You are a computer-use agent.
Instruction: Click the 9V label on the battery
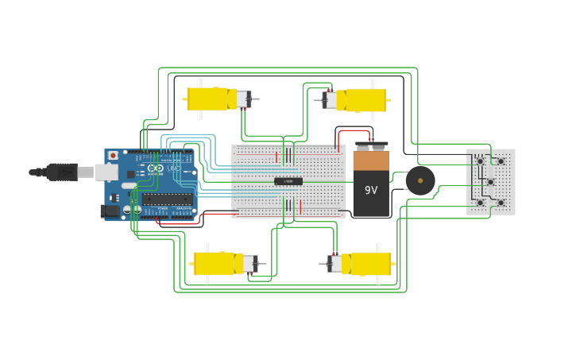point(371,190)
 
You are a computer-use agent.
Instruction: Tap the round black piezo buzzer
point(420,181)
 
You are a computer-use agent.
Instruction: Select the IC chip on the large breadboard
point(288,181)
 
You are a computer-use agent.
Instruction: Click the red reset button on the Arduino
point(113,155)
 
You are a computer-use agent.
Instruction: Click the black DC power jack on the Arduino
point(110,211)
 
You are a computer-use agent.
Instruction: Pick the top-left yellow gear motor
point(211,99)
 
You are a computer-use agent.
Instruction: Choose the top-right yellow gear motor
point(361,99)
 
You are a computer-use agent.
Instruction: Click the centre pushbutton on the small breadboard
point(490,182)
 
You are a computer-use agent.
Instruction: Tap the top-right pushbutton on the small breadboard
point(501,161)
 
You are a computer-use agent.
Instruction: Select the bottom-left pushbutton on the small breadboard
point(480,203)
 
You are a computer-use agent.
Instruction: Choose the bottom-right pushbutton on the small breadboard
point(501,203)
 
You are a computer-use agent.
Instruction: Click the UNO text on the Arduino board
point(173,168)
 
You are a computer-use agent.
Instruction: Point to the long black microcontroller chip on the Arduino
point(168,199)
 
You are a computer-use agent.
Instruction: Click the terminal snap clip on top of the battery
point(371,146)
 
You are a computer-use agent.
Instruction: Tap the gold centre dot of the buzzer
point(420,181)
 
